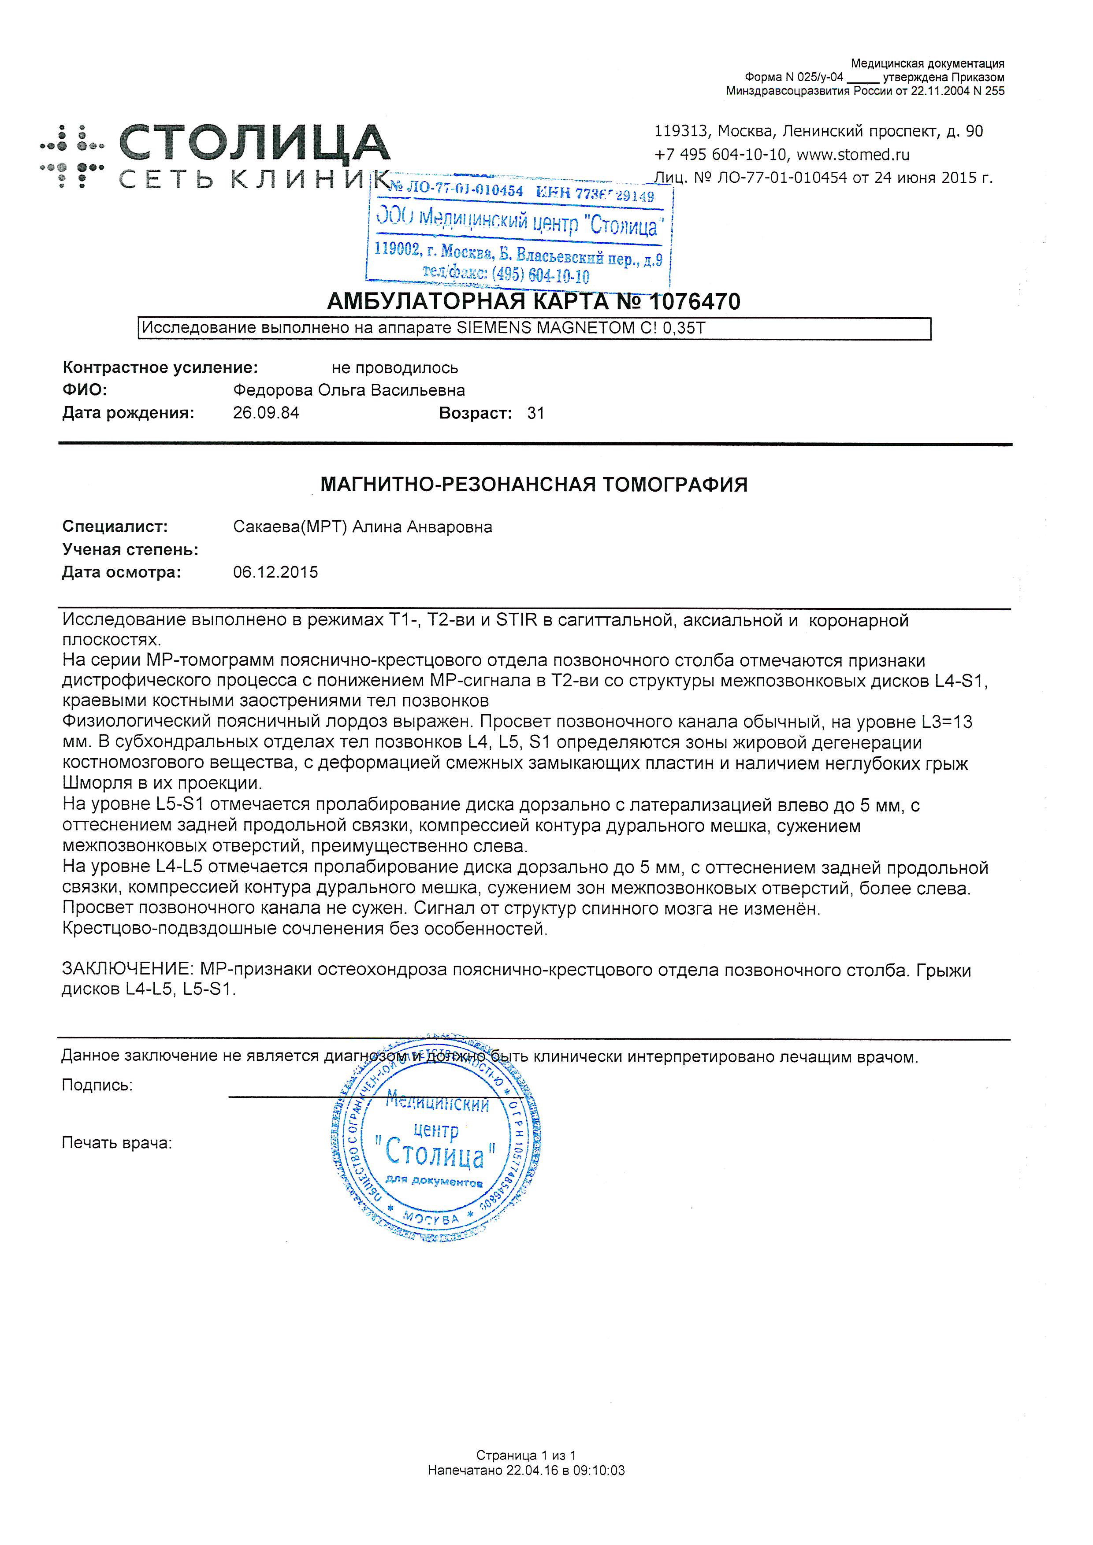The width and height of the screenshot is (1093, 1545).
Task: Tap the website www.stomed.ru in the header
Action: (853, 155)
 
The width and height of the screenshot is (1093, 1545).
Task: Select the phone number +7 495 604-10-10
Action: (719, 155)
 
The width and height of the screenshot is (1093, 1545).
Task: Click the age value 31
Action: (536, 413)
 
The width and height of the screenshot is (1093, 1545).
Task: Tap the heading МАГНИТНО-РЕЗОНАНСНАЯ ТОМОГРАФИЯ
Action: (534, 485)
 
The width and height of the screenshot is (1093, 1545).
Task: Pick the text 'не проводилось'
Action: (394, 368)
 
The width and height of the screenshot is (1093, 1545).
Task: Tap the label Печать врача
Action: (116, 1143)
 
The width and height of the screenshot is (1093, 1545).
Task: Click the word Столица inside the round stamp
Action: (435, 1155)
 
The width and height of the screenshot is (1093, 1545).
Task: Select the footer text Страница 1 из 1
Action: (526, 1456)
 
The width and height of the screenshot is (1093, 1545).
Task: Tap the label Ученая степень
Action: (130, 550)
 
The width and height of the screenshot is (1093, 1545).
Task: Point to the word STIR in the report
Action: (516, 620)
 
